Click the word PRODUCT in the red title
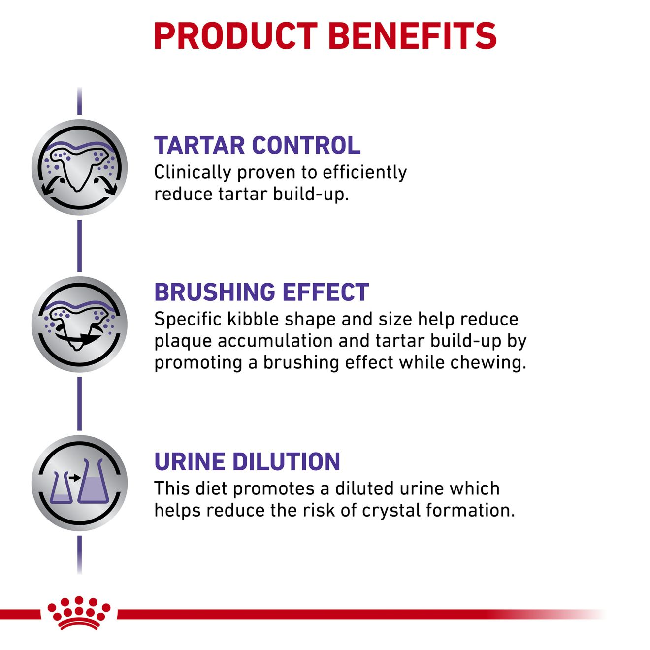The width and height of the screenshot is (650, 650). [235, 36]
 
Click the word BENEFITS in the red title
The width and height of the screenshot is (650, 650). [413, 36]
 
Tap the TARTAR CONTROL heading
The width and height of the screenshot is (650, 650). [258, 145]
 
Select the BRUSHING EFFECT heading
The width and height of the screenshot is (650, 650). [261, 292]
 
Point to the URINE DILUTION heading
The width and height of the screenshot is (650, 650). [247, 461]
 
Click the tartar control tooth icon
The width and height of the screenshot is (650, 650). [80, 167]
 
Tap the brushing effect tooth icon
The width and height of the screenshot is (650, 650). [80, 324]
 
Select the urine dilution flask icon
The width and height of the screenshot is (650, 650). [80, 483]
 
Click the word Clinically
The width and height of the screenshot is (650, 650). [193, 173]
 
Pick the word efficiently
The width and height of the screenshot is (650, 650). [364, 173]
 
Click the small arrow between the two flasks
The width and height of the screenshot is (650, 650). [74, 478]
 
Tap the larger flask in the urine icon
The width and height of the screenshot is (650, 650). [94, 481]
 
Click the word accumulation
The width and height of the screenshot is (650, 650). [275, 341]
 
